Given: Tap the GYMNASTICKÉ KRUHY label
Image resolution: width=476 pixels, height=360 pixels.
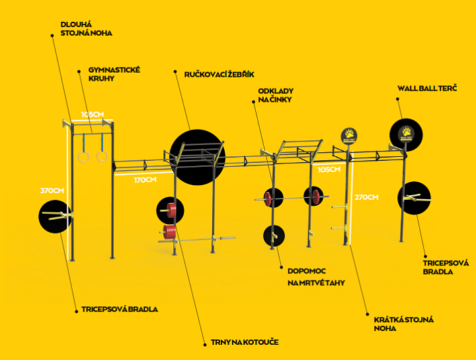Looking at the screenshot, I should tap(114, 73).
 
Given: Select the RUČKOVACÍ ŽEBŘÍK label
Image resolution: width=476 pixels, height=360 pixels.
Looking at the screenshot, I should tap(219, 74).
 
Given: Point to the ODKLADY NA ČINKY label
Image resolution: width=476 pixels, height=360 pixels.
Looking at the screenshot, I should tap(276, 95).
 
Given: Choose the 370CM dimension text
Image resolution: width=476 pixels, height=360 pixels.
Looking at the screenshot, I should tap(52, 191).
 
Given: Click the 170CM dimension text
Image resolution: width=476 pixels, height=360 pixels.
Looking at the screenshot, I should tap(145, 180).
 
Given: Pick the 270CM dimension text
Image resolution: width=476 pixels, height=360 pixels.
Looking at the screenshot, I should tap(367, 197).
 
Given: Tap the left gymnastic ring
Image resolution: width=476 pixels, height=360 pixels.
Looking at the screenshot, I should tap(84, 156).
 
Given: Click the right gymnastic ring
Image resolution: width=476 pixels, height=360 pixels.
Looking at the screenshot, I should tap(102, 156).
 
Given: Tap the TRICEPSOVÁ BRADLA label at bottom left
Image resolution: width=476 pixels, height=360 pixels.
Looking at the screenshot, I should tap(120, 308).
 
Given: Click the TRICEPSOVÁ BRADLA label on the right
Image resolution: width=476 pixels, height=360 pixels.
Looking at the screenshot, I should tap(446, 267).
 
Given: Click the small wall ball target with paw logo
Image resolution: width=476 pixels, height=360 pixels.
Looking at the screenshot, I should tap(349, 136).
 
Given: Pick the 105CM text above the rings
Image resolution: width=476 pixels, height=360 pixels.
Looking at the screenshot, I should tap(93, 114).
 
